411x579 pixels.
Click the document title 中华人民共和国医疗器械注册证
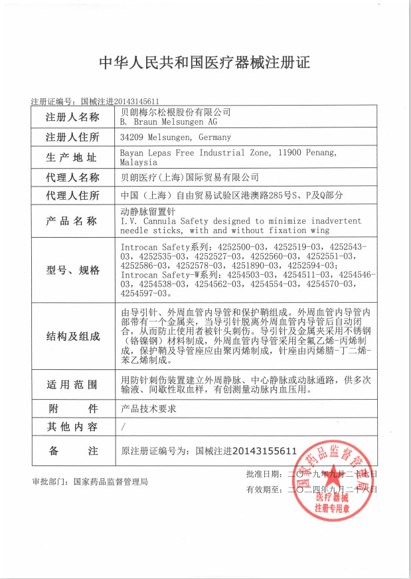tap(205, 63)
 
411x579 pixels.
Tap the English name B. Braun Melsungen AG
tap(169, 122)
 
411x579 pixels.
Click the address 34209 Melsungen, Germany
tap(175, 137)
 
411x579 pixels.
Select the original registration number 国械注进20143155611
tap(246, 451)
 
